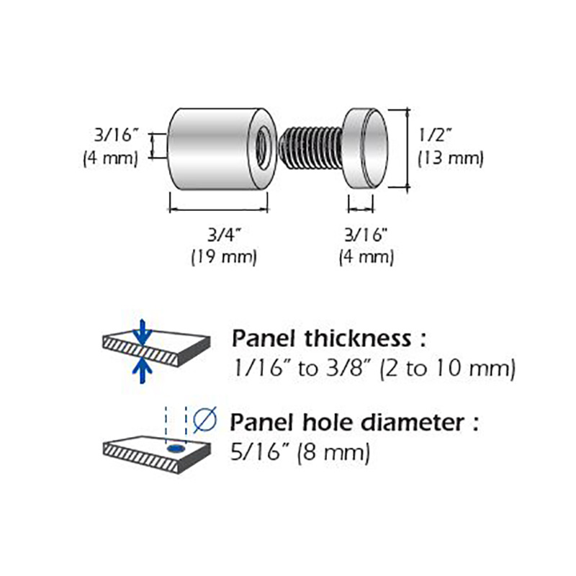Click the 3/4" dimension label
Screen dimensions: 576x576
click(x=223, y=235)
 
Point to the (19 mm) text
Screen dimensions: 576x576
click(x=223, y=256)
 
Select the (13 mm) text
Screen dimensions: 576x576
click(x=451, y=158)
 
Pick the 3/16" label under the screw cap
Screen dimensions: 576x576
click(x=366, y=235)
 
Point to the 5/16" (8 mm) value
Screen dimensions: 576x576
click(x=300, y=453)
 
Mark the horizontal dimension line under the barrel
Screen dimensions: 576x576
click(x=218, y=210)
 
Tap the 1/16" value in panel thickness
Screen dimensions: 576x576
click(x=263, y=369)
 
